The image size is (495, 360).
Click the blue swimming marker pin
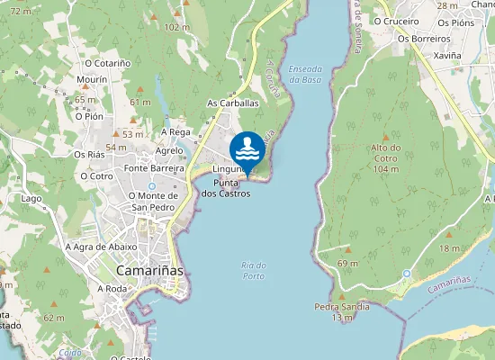click(x=247, y=149)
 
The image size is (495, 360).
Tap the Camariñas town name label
click(x=149, y=270)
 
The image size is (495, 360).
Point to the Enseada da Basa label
click(x=305, y=74)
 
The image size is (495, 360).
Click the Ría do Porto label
click(x=254, y=270)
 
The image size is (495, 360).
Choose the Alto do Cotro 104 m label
click(x=385, y=157)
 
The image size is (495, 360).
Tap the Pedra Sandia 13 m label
click(x=341, y=311)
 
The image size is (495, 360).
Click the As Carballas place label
click(x=232, y=103)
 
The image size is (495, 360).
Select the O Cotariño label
click(x=107, y=63)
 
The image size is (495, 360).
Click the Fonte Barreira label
click(x=154, y=168)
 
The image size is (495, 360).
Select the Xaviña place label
click(x=446, y=55)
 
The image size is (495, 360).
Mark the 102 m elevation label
click(x=177, y=27)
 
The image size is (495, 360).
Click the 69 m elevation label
click(x=347, y=262)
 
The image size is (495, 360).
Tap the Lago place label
click(x=31, y=198)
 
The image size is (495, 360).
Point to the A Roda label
click(x=114, y=288)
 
